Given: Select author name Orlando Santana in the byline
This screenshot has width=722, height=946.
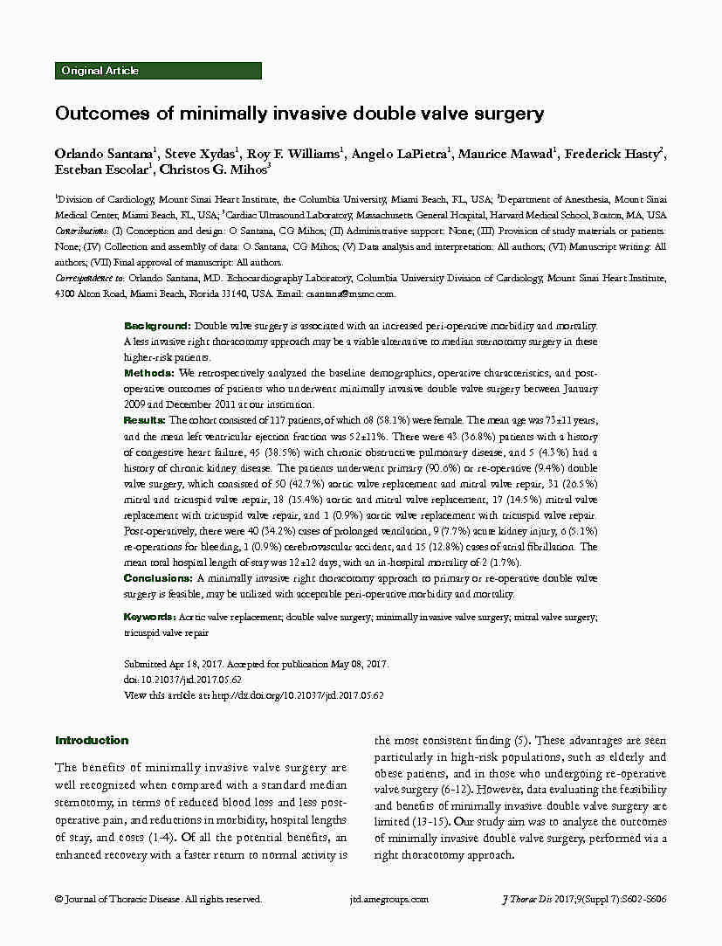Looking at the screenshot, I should pos(105,155).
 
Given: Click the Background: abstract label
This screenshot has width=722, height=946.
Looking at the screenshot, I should pos(158,325).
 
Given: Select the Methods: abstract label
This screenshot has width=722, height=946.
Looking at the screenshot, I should pos(151,373).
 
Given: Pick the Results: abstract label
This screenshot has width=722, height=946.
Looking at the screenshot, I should pos(149,420).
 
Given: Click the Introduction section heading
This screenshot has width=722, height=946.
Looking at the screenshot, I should pos(92,741).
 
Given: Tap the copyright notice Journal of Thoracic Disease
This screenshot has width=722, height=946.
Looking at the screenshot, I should pos(157,899).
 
